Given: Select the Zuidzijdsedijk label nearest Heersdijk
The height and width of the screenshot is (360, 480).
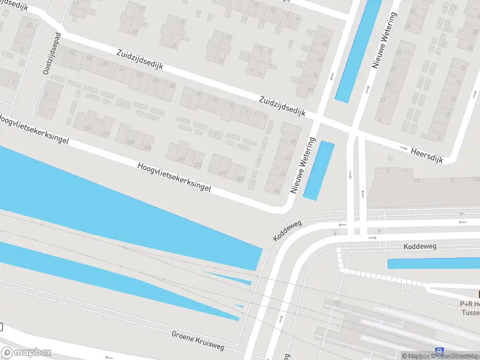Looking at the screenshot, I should coord(283,106).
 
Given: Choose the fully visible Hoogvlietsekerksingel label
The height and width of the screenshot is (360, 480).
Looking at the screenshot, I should coord(175,177).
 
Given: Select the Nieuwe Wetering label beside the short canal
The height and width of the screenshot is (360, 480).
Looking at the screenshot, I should coord(303,165).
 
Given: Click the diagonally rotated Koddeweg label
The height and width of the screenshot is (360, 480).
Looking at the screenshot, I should coord(287,230).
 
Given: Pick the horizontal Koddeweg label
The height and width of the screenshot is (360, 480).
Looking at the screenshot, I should coord(419,247).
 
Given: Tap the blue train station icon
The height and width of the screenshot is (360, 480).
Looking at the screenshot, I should coord(440,352).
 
